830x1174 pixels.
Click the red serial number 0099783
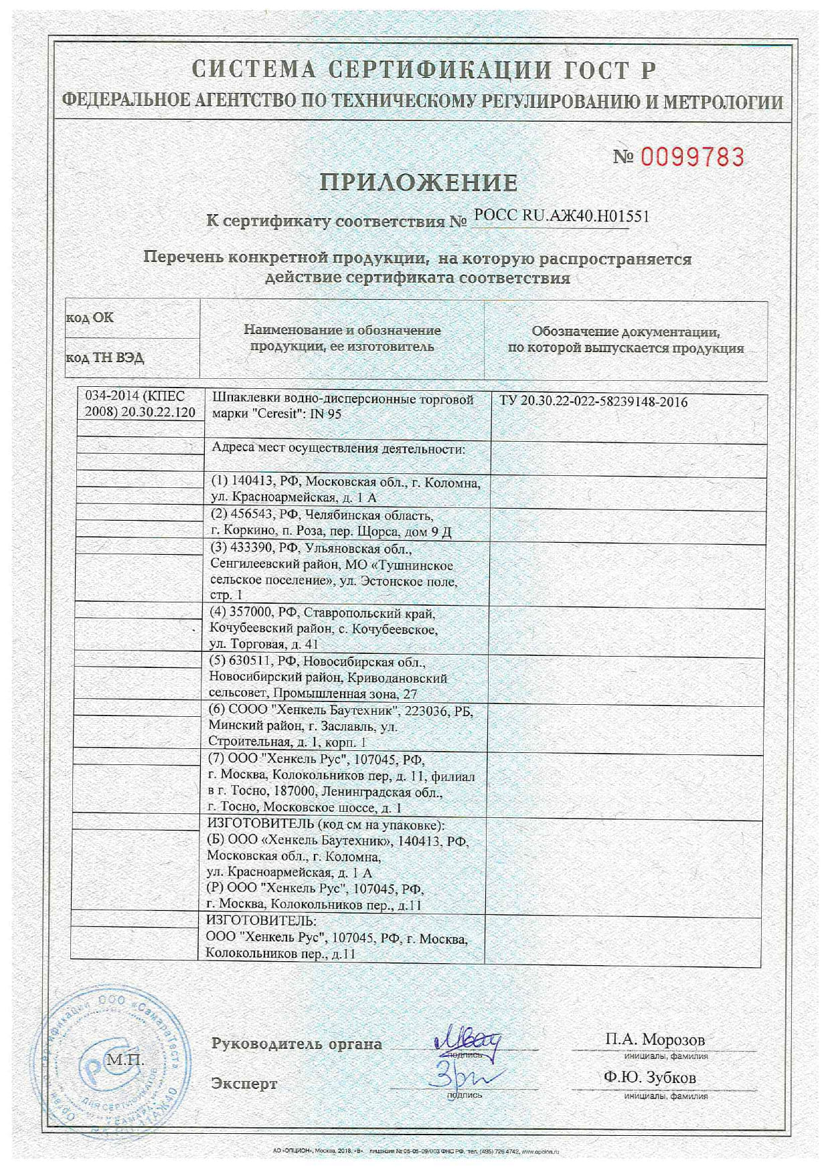point(692,157)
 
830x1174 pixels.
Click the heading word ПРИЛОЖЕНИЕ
point(418,182)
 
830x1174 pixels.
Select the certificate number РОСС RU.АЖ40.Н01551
point(561,216)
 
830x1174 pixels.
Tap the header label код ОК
point(90,317)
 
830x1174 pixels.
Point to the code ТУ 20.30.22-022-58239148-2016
point(593,402)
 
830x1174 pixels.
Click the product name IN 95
point(325,414)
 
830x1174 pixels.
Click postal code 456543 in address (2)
point(252,515)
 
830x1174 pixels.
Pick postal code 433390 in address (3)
point(252,548)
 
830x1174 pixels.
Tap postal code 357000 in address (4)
point(251,612)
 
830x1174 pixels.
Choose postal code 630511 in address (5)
point(251,662)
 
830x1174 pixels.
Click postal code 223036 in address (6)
point(426,711)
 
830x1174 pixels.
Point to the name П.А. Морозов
point(655,1039)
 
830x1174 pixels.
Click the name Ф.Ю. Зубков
point(649,1078)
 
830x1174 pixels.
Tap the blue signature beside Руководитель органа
point(467,1041)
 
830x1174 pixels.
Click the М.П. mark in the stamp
point(125,1060)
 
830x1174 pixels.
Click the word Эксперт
point(244,1084)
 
